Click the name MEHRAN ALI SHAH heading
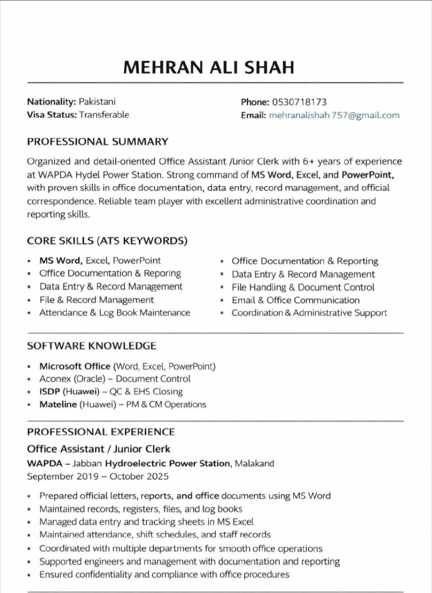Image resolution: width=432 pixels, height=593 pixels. coord(208,68)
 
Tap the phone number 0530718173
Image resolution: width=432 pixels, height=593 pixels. coord(299,102)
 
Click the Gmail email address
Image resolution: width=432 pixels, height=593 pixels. coord(334,115)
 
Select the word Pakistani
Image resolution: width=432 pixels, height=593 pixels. coord(97,101)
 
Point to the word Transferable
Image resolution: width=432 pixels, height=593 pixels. coord(104,114)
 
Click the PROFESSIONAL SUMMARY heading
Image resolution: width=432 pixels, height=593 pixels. coord(97,141)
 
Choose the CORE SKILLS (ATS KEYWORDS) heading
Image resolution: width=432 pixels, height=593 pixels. coord(107,241)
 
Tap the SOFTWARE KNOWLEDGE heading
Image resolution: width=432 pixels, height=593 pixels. coord(92,346)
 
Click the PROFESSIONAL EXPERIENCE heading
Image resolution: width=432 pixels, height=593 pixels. coord(101,432)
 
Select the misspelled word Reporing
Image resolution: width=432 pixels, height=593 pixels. coord(162,273)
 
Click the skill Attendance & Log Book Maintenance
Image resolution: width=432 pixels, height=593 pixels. coord(115,313)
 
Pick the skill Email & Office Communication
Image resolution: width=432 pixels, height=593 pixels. coord(295,300)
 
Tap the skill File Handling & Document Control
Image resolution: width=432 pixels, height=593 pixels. coord(303,287)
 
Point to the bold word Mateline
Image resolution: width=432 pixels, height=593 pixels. coord(58,404)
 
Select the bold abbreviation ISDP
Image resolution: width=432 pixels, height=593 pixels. coord(50,392)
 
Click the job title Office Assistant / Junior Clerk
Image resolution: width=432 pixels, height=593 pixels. coord(99,449)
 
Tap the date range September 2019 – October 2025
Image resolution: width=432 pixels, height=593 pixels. coord(98,476)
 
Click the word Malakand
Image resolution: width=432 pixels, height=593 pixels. coord(254,463)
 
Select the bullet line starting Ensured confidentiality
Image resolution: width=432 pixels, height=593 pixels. coord(164,574)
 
